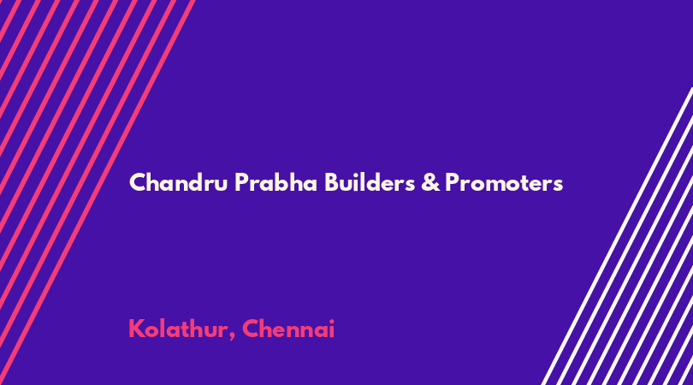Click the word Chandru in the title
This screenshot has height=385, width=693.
point(178,182)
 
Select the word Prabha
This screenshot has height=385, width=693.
point(275,182)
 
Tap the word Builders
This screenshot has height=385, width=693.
point(370,182)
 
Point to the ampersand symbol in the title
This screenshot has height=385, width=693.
point(430,182)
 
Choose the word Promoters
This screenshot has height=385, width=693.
point(504,183)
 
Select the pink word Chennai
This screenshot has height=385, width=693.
point(288,329)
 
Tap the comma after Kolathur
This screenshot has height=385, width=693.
point(232,337)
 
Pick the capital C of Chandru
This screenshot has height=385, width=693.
point(138,182)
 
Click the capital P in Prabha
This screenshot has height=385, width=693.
point(241,182)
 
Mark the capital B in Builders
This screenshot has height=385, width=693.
point(332,182)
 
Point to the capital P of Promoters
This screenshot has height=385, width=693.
point(452,182)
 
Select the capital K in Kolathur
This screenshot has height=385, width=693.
point(137,329)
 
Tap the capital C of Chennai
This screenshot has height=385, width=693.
point(251,329)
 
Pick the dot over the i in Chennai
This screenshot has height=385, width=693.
point(331,321)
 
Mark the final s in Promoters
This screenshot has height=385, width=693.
point(558,186)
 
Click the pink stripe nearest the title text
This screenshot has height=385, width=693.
point(97,192)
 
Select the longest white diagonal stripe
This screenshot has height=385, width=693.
point(617,236)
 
